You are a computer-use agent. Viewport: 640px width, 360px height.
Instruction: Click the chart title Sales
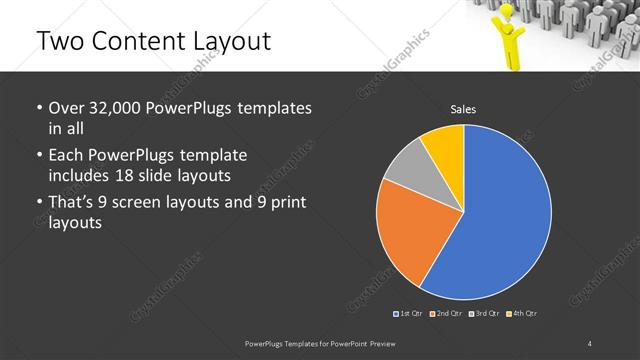(x=463, y=109)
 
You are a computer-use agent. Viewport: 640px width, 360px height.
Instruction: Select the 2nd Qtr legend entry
(x=448, y=314)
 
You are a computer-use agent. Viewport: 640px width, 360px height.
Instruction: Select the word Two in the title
(x=59, y=41)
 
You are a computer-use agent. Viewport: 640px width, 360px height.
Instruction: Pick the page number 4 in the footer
(x=590, y=344)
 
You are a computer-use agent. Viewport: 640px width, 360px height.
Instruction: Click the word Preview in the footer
(x=396, y=344)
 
